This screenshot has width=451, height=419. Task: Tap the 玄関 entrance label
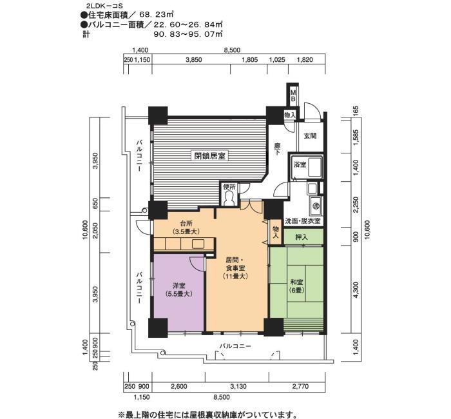[x=310, y=135]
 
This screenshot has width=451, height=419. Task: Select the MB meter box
[x=293, y=95]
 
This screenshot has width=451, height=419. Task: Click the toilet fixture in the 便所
[x=229, y=199]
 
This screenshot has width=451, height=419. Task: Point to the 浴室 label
[x=300, y=165]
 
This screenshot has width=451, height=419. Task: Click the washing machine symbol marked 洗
[x=316, y=206]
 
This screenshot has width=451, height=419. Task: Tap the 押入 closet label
[x=302, y=237]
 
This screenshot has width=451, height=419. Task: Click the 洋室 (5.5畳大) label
[x=178, y=290]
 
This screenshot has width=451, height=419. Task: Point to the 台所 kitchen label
[x=186, y=228]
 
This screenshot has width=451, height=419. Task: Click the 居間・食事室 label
[x=235, y=268]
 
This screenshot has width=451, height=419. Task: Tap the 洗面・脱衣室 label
[x=302, y=221]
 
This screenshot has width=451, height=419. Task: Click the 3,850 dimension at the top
[x=193, y=60]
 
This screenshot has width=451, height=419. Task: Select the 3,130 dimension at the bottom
[x=238, y=386]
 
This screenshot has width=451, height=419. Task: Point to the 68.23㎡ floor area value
[x=157, y=14]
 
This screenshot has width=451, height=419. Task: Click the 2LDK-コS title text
[x=99, y=5]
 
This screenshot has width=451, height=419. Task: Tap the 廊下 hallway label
[x=277, y=149]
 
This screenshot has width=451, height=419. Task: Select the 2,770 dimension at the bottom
[x=301, y=386]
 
